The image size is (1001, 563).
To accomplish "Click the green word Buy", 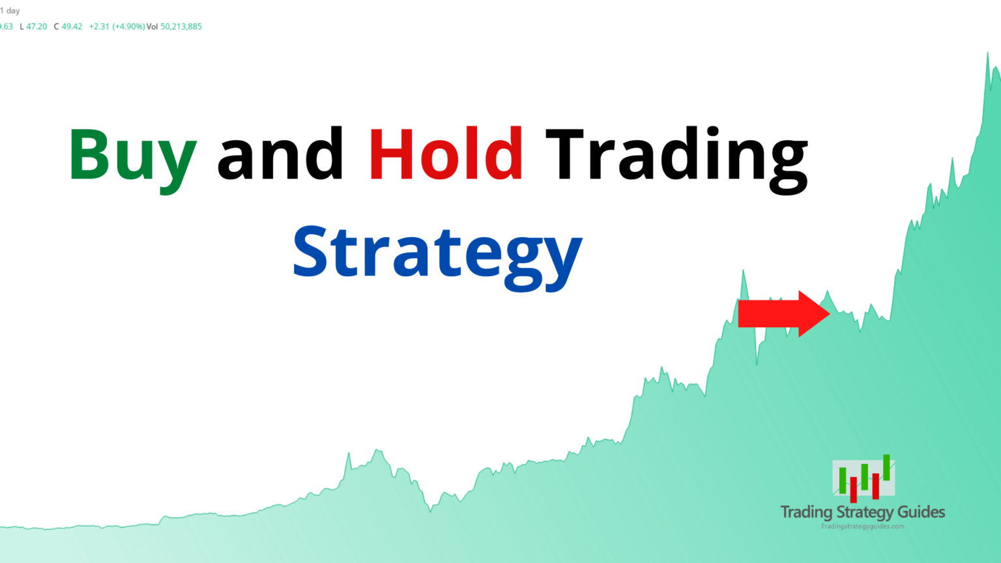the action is [x=133, y=160].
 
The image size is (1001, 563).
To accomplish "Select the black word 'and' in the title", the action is [x=280, y=153].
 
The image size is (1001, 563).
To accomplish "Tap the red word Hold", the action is [x=446, y=153].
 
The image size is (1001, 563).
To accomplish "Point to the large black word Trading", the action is [x=676, y=160].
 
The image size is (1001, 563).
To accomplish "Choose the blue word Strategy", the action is [x=438, y=258].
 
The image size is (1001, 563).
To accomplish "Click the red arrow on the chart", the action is [x=784, y=313].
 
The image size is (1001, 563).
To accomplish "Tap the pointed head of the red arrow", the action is [x=830, y=313].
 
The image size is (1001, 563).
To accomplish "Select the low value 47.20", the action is [x=36, y=27].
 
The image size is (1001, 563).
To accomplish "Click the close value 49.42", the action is [x=72, y=27].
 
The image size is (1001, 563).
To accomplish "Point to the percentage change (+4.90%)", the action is [x=128, y=27].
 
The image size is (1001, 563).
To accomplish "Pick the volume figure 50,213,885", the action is [x=181, y=27].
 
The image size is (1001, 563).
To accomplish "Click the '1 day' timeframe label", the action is [x=10, y=10].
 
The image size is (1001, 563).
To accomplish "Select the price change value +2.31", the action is [x=99, y=27].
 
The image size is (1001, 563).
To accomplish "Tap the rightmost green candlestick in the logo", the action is [x=886, y=468].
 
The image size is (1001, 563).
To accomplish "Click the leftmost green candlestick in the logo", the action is [x=843, y=480].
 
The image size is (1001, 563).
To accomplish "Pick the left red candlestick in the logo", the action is [x=854, y=490].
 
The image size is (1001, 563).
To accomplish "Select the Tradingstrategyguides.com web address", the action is [x=862, y=527].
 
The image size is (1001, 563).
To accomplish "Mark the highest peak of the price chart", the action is [x=987, y=53].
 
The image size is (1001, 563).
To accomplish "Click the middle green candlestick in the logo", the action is [x=865, y=477].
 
